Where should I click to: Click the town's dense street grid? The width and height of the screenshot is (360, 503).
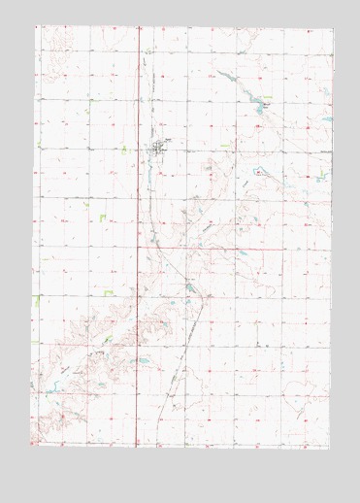click(159, 148)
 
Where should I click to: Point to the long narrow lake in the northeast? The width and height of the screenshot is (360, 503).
click(230, 79)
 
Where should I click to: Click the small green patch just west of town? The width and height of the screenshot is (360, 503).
click(124, 150)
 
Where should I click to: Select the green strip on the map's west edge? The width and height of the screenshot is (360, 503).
click(39, 300)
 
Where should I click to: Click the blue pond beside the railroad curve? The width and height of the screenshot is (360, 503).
click(187, 285)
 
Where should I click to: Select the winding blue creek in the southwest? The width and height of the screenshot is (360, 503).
click(58, 388)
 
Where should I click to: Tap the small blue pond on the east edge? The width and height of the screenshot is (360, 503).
click(325, 120)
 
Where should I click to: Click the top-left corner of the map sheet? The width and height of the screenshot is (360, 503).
click(36, 26)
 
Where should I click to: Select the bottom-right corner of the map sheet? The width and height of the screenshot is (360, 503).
click(328, 449)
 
